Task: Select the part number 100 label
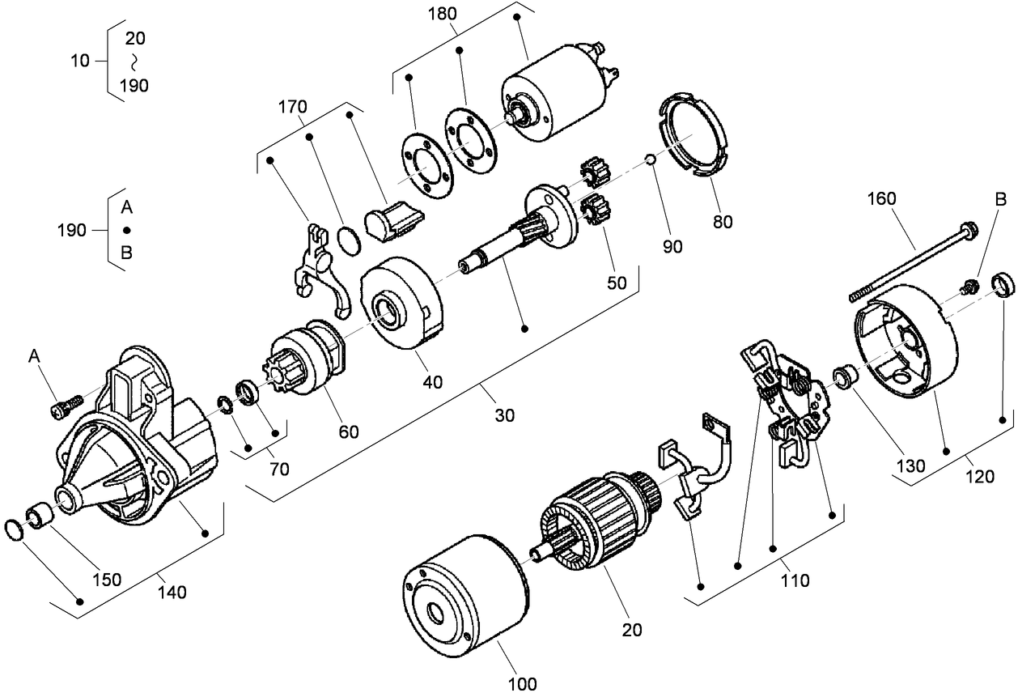tap(522, 684)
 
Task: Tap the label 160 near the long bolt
tap(884, 197)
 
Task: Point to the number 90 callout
tap(673, 247)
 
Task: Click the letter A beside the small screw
tap(34, 355)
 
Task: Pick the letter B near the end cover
tap(1000, 198)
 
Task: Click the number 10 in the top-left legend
tap(80, 61)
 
